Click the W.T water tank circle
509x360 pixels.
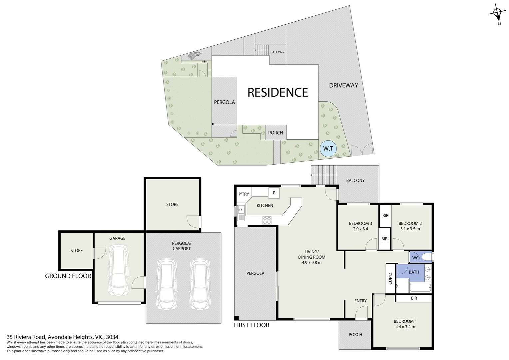328,148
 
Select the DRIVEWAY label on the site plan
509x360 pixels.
343,85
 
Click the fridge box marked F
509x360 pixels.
274,193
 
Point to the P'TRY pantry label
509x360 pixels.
244,194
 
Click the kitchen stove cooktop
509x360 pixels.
267,220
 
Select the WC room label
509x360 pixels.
415,258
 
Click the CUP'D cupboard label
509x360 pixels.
390,279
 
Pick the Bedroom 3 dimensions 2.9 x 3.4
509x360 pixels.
360,229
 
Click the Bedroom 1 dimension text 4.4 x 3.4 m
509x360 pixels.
405,327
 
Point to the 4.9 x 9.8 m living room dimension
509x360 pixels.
312,263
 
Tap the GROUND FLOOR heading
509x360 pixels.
68,276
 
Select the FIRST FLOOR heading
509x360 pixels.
252,325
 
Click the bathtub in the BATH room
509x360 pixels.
420,288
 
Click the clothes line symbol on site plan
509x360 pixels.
192,56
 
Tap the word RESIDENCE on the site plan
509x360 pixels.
277,92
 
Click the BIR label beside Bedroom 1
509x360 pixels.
414,298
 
